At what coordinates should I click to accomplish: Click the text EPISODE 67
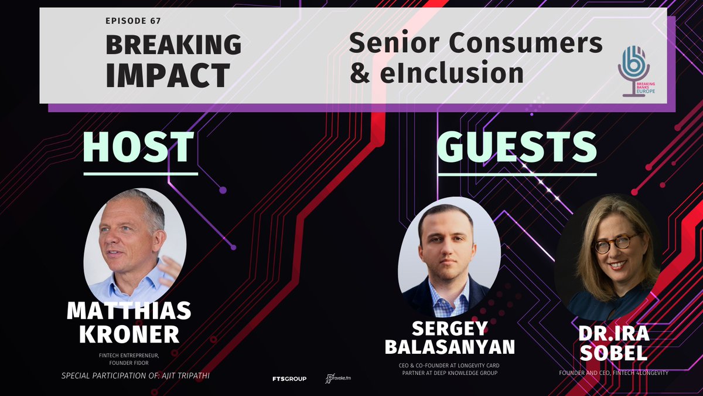[x=133, y=21]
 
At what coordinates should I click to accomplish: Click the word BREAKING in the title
[x=173, y=45]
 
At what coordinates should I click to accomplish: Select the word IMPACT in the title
[x=168, y=75]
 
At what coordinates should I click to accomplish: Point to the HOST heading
[x=141, y=147]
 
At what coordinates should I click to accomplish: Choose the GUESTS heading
[x=517, y=147]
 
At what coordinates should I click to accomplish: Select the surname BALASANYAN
[x=449, y=347]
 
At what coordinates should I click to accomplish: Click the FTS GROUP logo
[x=289, y=378]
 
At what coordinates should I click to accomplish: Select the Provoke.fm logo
[x=339, y=378]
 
